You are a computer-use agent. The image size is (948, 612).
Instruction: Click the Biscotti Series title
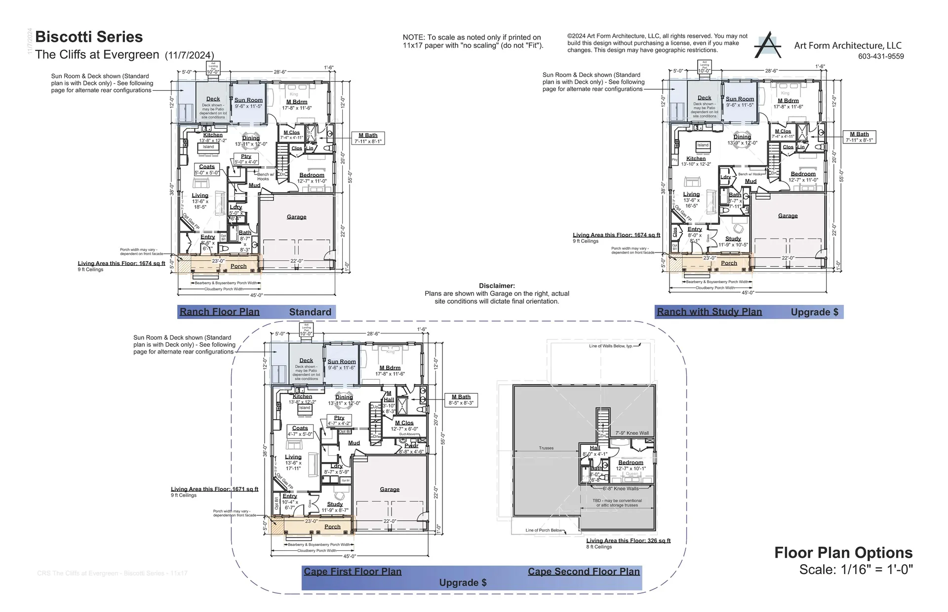click(89, 37)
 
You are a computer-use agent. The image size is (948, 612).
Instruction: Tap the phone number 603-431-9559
click(881, 56)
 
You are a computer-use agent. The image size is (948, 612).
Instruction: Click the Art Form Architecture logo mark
click(767, 45)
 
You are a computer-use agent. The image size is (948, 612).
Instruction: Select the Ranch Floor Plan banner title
click(219, 312)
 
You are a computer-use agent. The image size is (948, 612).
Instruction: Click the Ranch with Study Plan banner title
click(709, 312)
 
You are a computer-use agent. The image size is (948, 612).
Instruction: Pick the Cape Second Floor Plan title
click(583, 572)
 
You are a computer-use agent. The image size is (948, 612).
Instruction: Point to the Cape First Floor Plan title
click(353, 572)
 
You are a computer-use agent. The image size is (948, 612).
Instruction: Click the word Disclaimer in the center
click(497, 286)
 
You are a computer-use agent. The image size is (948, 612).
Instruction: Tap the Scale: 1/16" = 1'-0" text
click(856, 570)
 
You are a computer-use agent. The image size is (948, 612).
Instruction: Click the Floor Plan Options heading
click(843, 553)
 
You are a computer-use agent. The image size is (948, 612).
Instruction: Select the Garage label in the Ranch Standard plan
click(296, 217)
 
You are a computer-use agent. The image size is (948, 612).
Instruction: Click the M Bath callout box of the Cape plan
click(461, 399)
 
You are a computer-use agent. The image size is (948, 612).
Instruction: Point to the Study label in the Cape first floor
click(335, 504)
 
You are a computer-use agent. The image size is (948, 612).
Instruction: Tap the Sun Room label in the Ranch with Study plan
click(740, 99)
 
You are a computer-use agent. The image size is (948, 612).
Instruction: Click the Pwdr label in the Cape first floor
click(411, 445)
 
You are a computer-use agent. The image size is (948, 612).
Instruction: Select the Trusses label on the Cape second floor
click(546, 448)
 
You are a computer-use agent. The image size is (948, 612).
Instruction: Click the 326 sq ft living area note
click(628, 540)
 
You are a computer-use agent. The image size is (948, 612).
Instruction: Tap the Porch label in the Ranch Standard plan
click(238, 266)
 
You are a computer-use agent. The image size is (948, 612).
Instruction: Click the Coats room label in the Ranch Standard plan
click(206, 167)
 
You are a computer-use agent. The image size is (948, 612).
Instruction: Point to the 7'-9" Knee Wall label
click(632, 433)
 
